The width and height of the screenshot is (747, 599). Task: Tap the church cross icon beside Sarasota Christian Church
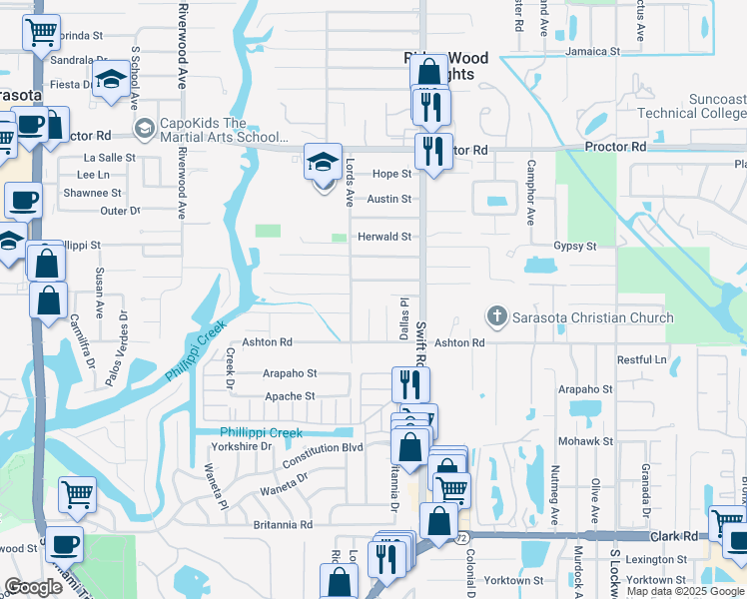[x=496, y=317]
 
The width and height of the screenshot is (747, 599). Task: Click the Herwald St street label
[x=385, y=237]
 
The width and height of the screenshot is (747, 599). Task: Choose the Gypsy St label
[x=575, y=246]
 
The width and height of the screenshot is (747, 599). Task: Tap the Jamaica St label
[x=592, y=50]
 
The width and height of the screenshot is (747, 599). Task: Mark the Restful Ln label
[x=642, y=359]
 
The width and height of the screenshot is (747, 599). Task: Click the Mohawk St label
[x=585, y=440]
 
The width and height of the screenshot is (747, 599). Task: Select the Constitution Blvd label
[x=323, y=448]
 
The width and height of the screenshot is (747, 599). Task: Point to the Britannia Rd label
[x=276, y=524]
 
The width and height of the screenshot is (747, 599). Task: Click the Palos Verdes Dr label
[x=125, y=337]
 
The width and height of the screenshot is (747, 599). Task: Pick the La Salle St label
[x=109, y=158]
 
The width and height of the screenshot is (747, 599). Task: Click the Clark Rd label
[x=676, y=535]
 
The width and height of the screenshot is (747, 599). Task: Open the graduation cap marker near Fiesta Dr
[x=111, y=78]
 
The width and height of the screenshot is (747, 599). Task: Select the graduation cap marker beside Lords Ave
[x=323, y=161]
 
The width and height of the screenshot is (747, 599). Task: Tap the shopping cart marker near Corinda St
[x=41, y=32]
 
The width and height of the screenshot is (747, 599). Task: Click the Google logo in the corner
[x=34, y=587]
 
